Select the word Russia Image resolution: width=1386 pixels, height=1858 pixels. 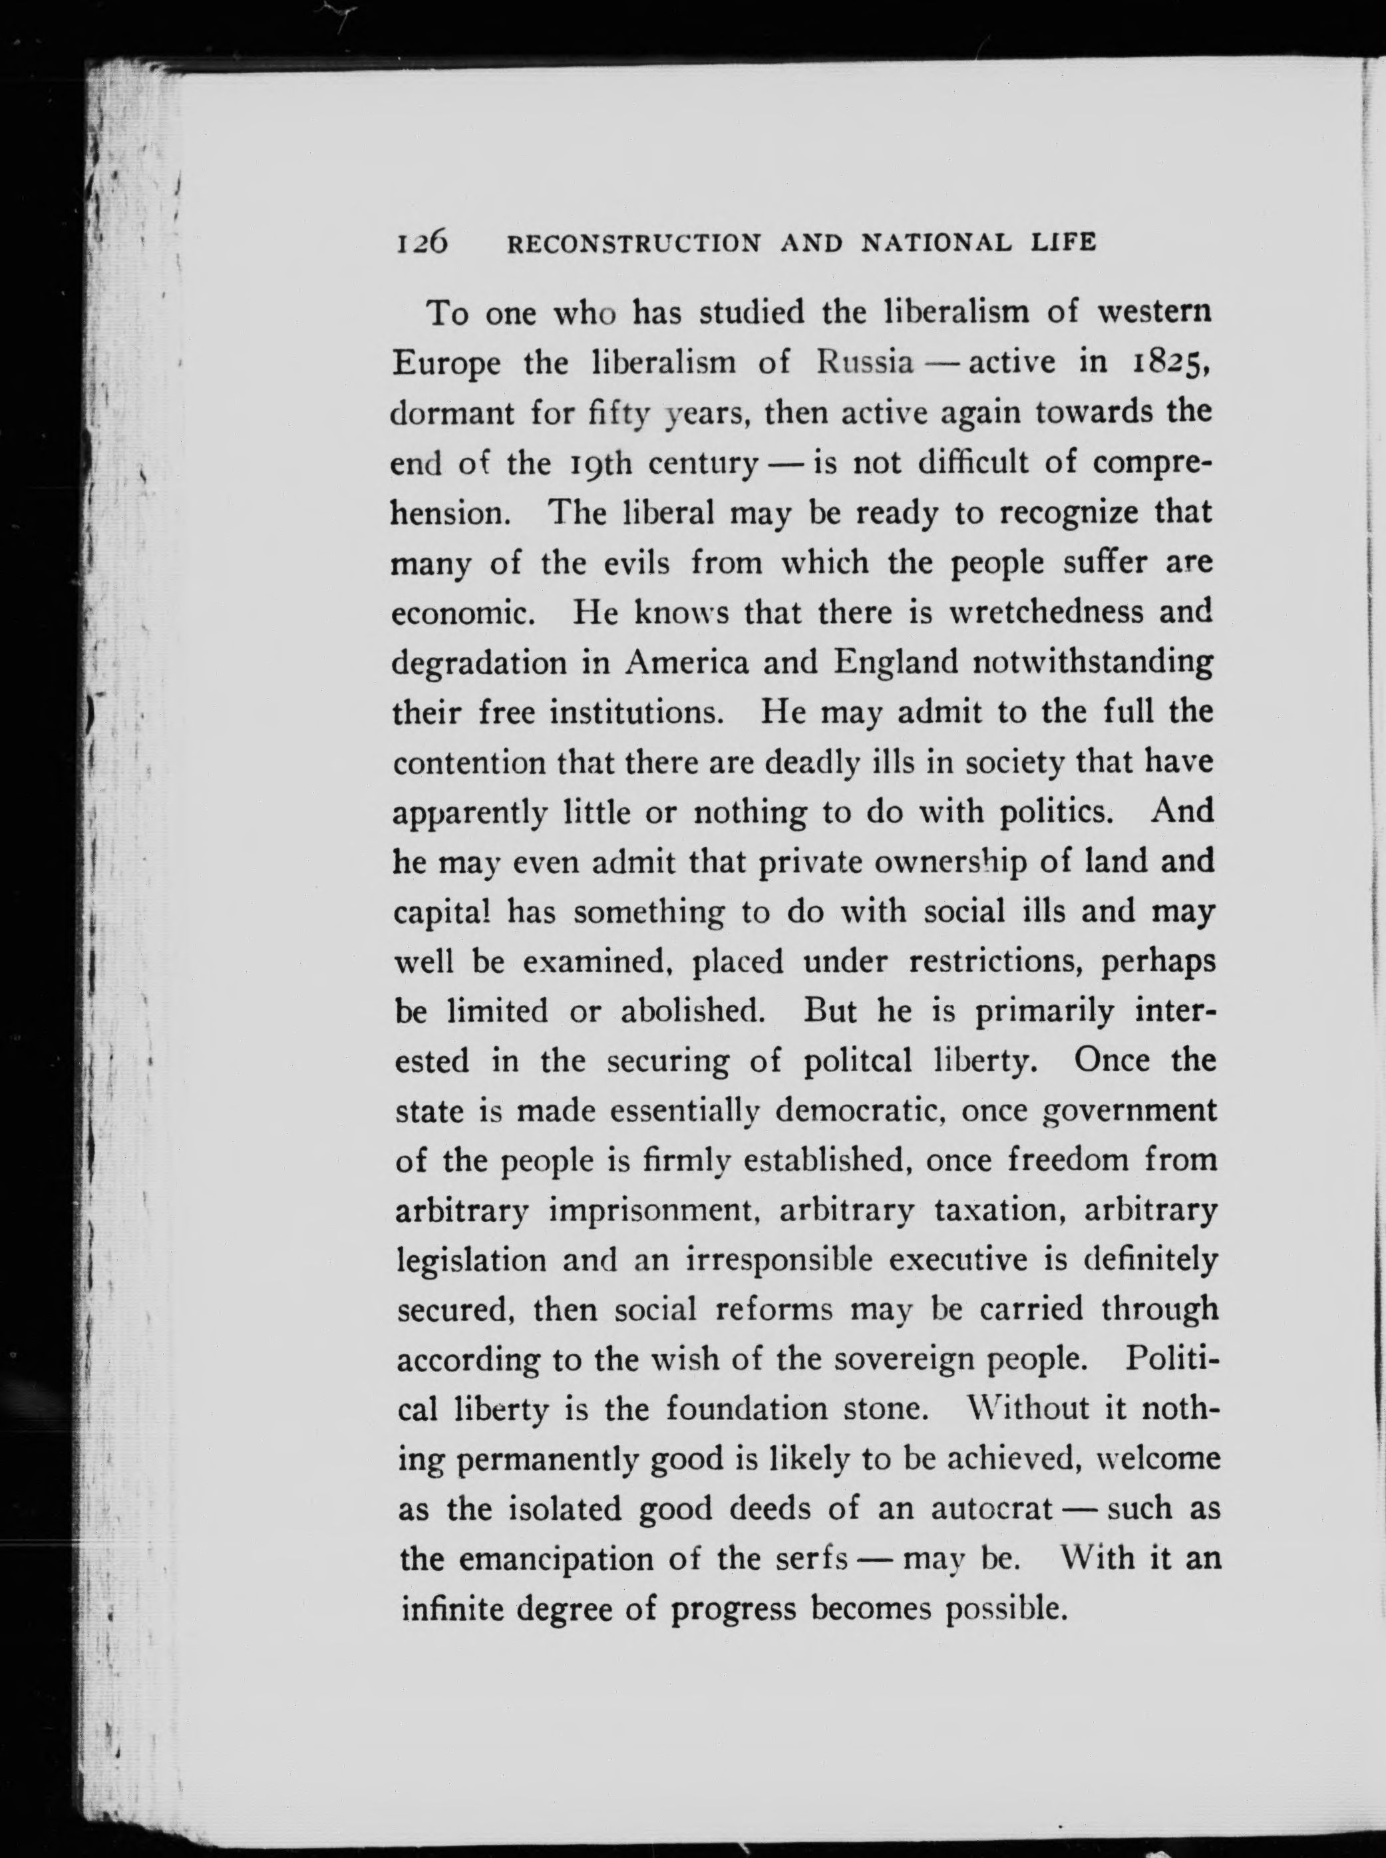click(865, 363)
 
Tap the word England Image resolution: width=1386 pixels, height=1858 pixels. click(896, 663)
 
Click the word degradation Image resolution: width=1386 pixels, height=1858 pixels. click(479, 663)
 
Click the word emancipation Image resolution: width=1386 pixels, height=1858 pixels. click(557, 1559)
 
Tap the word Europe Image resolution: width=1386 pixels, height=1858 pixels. click(447, 363)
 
